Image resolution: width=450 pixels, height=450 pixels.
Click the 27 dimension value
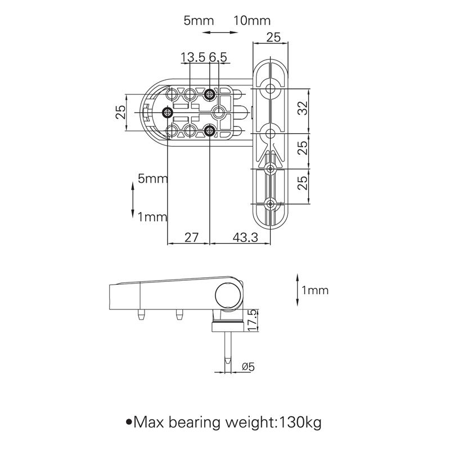point(191,238)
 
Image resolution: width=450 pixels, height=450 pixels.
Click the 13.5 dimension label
point(193,57)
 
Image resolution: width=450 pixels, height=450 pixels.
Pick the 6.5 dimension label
point(218,57)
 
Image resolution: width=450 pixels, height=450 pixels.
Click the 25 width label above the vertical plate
point(273,38)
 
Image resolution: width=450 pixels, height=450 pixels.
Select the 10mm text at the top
point(251,21)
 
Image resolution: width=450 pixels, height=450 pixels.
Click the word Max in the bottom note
point(151,421)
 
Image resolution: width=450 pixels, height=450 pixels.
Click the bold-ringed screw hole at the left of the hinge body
point(167,112)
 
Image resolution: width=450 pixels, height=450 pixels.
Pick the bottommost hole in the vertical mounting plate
point(271,203)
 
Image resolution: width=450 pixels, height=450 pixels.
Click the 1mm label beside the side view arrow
point(314,291)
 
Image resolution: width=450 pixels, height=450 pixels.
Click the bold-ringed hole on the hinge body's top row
point(210,93)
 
